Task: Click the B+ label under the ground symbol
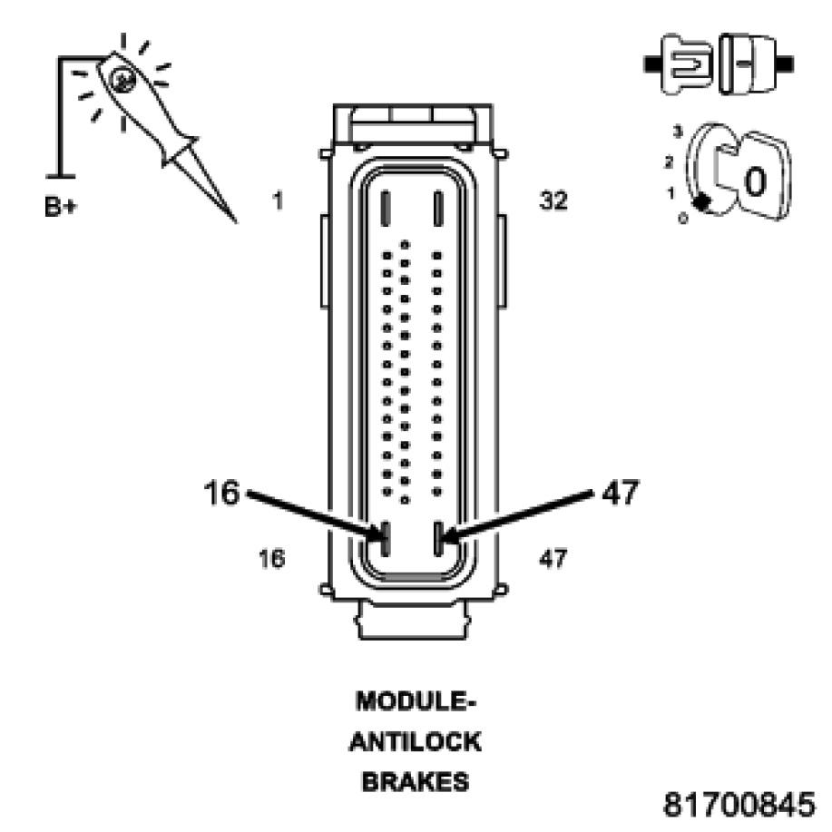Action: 60,208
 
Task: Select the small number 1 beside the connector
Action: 278,200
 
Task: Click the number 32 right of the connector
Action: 553,201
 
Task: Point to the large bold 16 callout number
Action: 221,494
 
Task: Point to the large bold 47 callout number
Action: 620,493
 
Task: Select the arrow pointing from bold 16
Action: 313,517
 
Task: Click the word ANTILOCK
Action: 416,742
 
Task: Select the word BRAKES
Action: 416,781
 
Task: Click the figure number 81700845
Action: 740,803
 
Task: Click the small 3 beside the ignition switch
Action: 676,133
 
